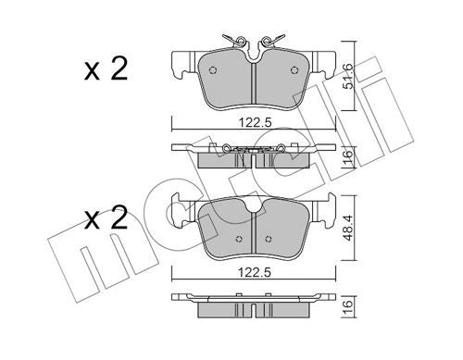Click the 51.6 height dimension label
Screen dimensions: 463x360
[348, 76]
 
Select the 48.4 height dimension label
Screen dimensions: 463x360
[348, 228]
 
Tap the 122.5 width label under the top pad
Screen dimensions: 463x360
[256, 123]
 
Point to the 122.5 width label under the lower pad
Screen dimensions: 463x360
[255, 272]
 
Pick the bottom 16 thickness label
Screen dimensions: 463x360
[348, 307]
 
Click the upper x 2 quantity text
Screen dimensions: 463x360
[106, 69]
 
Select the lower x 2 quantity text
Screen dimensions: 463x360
[106, 218]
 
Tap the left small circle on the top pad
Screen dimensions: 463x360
[213, 70]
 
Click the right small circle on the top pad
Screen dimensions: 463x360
[294, 70]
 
